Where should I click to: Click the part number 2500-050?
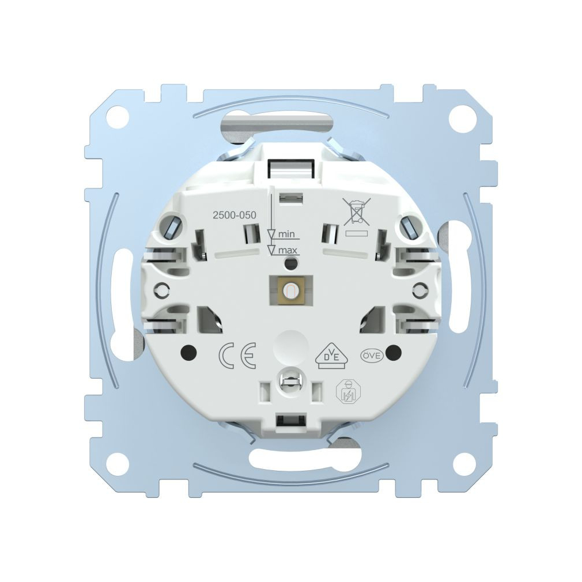(x=233, y=215)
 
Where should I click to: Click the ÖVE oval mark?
(x=372, y=355)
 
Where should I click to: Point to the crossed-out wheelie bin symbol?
(x=356, y=211)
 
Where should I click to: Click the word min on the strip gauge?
(x=286, y=234)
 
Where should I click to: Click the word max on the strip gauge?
(x=288, y=251)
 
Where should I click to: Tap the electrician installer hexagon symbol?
(x=346, y=391)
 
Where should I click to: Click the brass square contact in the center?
(x=290, y=291)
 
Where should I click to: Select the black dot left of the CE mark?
(x=188, y=352)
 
